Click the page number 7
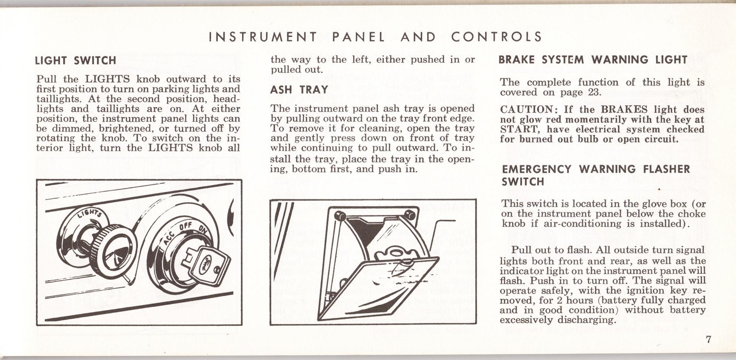pos(708,340)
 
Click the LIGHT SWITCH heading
pos(75,60)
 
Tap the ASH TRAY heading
pos(299,90)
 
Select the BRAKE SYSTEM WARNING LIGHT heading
pos(593,60)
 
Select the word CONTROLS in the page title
pos(496,37)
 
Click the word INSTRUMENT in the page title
pos(263,37)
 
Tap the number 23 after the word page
pos(594,92)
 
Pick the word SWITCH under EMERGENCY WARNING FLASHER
pos(523,182)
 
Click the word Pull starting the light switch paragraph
pos(47,79)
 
